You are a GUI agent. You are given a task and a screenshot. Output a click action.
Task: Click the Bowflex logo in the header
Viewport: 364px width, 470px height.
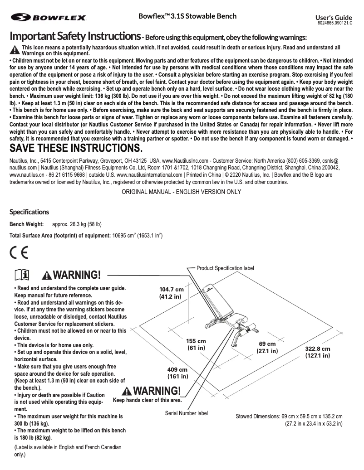click(49, 18)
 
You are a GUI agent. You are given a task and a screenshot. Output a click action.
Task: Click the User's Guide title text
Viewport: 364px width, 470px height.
click(337, 17)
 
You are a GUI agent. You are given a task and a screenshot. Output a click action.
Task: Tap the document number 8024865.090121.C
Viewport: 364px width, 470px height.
click(338, 23)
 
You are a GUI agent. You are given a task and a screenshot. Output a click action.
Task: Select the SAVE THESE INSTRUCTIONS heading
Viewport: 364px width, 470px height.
click(76, 148)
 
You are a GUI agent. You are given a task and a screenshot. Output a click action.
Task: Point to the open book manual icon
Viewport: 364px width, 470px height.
click(22, 275)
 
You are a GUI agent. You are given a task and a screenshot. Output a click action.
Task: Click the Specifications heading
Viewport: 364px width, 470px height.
click(30, 212)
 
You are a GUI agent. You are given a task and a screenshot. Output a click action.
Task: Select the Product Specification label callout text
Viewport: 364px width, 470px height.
click(225, 268)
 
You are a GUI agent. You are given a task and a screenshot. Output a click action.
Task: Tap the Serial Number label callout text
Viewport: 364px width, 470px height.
click(186, 413)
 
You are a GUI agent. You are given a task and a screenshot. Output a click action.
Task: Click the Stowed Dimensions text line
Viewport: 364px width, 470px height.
click(289, 416)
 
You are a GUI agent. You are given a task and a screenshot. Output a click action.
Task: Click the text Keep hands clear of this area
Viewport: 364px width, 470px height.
click(147, 400)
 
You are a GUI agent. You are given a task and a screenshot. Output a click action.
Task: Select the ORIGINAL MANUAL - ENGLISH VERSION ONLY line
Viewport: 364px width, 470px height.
click(182, 192)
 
